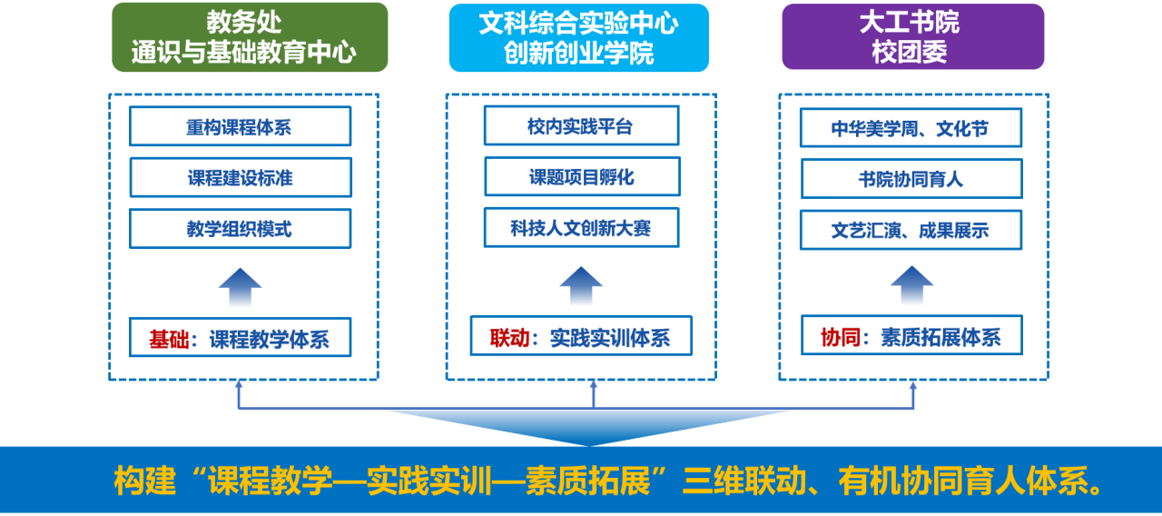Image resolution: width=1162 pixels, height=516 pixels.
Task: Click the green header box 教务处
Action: (x=250, y=36)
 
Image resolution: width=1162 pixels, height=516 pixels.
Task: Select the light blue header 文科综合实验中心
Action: (x=578, y=36)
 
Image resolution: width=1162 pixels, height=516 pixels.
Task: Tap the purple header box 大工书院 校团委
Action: (x=912, y=36)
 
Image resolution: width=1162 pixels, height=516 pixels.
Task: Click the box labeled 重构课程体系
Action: (x=240, y=127)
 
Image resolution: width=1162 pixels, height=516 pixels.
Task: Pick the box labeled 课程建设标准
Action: (x=240, y=178)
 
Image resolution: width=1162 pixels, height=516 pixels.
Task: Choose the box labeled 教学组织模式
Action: (x=240, y=229)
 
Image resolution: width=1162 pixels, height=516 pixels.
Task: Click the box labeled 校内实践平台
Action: (x=581, y=126)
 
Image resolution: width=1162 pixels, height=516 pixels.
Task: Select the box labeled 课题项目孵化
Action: (x=581, y=177)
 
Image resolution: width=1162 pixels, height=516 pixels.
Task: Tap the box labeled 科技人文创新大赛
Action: (x=581, y=228)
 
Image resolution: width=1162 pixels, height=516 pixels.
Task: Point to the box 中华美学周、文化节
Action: (x=911, y=128)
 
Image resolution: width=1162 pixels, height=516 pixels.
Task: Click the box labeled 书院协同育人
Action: (x=911, y=179)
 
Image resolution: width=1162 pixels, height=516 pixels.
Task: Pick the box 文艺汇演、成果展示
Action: (x=911, y=230)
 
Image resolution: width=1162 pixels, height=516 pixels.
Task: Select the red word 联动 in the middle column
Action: (x=509, y=338)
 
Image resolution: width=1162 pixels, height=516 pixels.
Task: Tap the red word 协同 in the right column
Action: (x=840, y=338)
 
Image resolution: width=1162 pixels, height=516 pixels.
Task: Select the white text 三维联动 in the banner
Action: (x=741, y=481)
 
